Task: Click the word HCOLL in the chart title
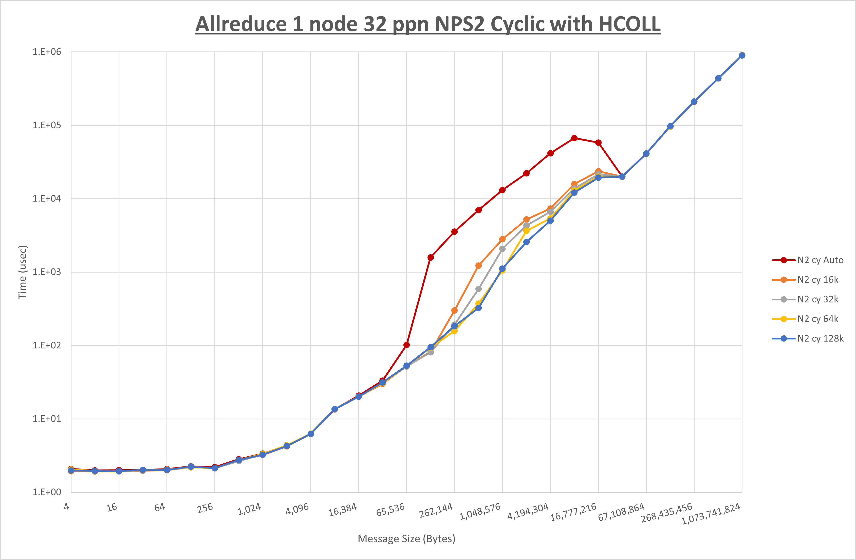pos(629,25)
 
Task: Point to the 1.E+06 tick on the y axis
pos(47,52)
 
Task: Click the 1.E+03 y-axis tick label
pos(47,272)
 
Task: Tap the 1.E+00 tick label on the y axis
pos(47,492)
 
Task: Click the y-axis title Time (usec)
pos(22,272)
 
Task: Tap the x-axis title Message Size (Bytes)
pos(406,539)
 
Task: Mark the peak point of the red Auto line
pos(574,138)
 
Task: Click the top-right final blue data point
pos(742,56)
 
